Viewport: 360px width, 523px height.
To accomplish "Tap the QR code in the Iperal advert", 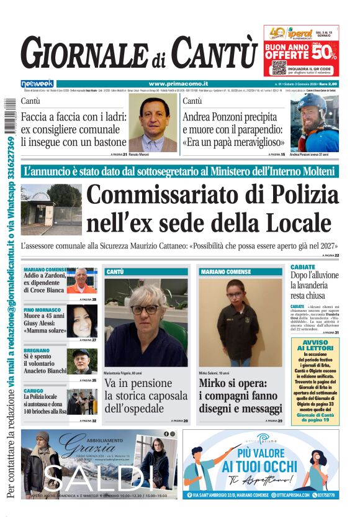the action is coord(279,66).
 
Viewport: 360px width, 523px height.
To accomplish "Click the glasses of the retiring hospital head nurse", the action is coord(145,309).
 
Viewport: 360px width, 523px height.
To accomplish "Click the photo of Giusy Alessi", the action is coord(82,322).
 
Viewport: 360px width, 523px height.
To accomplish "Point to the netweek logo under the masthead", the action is coord(37,84).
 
